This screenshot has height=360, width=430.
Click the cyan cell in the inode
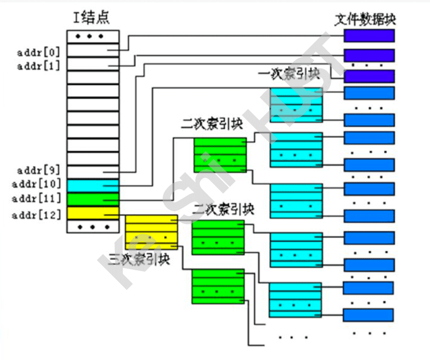pyautogui.click(x=93, y=185)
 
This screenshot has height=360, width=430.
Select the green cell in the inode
pyautogui.click(x=93, y=199)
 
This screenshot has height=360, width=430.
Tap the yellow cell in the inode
pyautogui.click(x=93, y=213)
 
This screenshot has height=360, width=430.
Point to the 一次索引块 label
pyautogui.click(x=288, y=75)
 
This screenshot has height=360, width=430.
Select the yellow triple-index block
pyautogui.click(x=151, y=232)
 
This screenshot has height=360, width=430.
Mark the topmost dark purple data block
pyautogui.click(x=369, y=36)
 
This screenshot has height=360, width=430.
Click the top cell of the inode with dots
pyautogui.click(x=93, y=36)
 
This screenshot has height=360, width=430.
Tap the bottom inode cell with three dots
pyautogui.click(x=93, y=226)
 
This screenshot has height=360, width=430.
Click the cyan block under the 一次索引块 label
pyautogui.click(x=296, y=105)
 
